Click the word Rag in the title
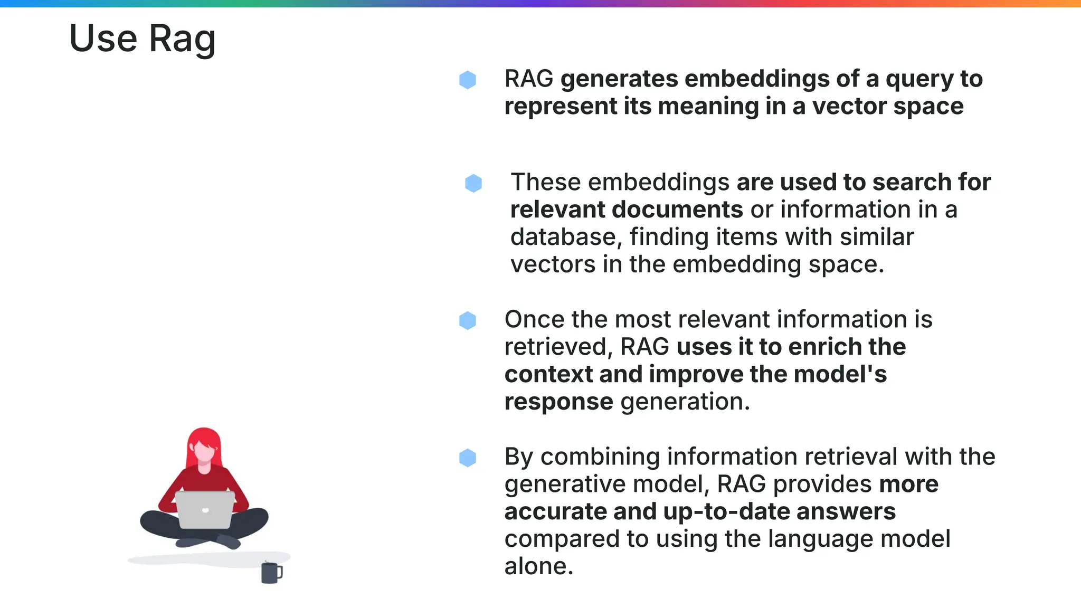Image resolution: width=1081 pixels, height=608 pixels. [182, 39]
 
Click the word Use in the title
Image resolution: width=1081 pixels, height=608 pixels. [103, 39]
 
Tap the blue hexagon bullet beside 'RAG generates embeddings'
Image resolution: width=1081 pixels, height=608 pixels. [468, 80]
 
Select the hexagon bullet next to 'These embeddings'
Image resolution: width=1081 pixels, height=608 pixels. [473, 183]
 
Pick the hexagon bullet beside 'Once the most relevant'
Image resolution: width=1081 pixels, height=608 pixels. [468, 320]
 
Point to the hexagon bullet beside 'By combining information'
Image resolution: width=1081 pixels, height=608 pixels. [468, 458]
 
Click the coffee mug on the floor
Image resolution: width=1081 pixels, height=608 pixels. [271, 573]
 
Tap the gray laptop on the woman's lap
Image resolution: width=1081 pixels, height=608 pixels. [205, 509]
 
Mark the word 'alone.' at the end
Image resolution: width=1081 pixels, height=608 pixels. [538, 566]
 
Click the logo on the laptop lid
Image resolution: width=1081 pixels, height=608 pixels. [205, 510]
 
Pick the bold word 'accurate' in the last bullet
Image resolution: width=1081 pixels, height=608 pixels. [555, 511]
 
